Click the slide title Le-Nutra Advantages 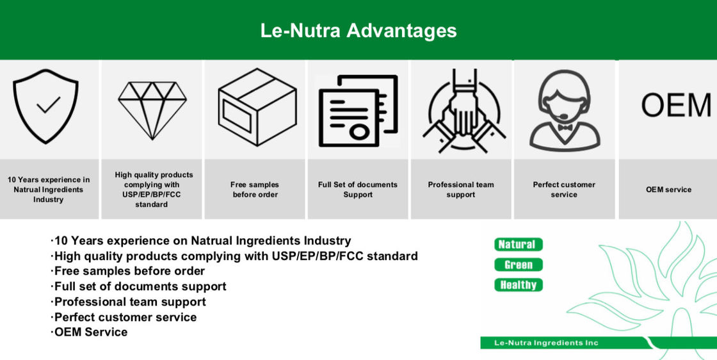click(x=358, y=31)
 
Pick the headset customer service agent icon click(x=565, y=111)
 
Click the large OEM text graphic click(x=676, y=105)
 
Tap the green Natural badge click(x=518, y=244)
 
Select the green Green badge click(x=518, y=265)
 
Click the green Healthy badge click(x=518, y=285)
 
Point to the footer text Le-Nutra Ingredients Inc click(x=546, y=343)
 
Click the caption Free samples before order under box click(x=255, y=190)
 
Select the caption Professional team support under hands click(x=461, y=190)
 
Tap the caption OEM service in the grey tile click(x=668, y=190)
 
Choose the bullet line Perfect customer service click(x=124, y=317)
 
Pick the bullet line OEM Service click(x=89, y=332)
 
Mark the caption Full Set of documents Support click(x=358, y=190)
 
